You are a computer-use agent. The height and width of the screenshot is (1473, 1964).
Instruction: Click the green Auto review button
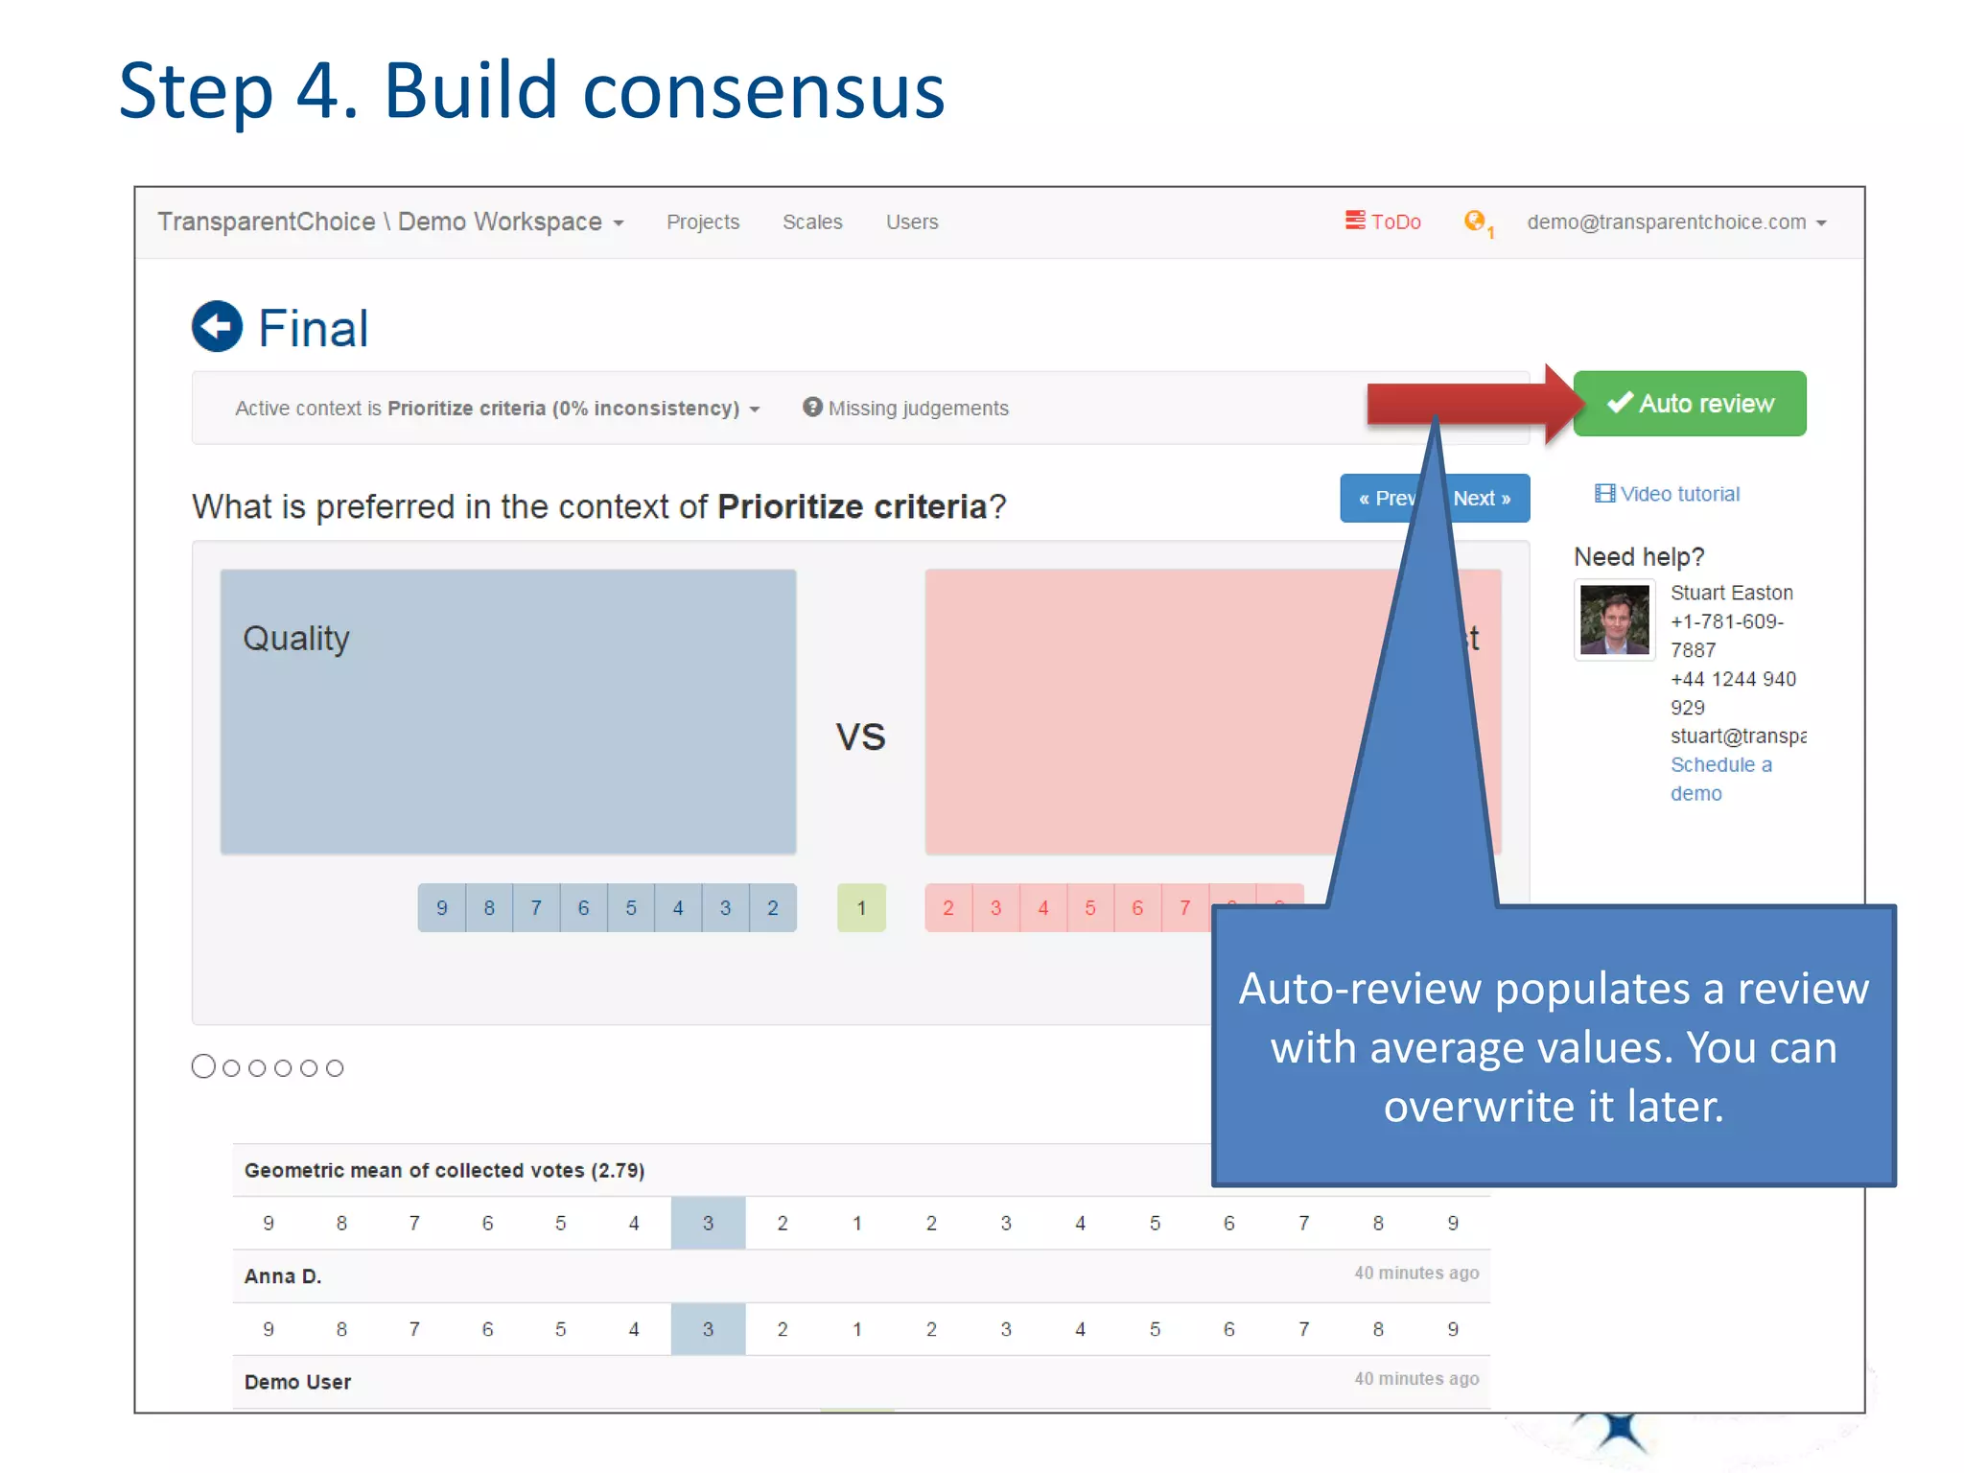(1689, 404)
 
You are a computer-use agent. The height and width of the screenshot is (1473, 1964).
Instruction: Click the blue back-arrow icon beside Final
(217, 327)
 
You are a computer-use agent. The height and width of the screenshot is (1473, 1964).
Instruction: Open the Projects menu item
(703, 222)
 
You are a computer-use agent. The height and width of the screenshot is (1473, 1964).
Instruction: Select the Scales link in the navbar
(812, 222)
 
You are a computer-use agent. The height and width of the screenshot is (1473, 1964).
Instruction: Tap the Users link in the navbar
(911, 222)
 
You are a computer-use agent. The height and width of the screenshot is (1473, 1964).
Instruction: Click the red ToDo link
(1383, 222)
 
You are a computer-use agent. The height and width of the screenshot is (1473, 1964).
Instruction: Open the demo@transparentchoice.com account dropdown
(1675, 222)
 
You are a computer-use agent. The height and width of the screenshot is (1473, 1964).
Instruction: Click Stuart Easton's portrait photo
(1614, 620)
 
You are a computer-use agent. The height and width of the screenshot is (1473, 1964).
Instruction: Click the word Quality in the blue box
(295, 639)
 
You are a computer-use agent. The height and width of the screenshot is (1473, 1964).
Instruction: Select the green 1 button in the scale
(861, 907)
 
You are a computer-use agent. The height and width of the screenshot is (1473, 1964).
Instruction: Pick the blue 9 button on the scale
(442, 907)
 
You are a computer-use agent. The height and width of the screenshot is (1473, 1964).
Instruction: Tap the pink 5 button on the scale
(1090, 907)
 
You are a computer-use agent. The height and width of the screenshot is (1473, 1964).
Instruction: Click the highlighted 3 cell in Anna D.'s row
(708, 1329)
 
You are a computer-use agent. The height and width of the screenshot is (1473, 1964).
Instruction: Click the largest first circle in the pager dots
(203, 1066)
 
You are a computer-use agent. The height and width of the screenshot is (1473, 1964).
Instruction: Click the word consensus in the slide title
(763, 91)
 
